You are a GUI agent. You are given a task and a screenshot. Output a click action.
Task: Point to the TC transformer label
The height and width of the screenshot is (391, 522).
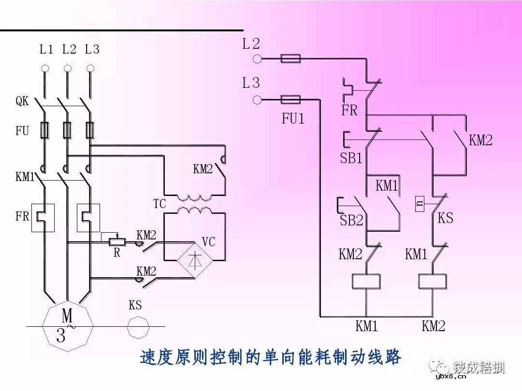click(x=159, y=204)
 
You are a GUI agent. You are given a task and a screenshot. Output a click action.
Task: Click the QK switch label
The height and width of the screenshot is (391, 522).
click(x=22, y=101)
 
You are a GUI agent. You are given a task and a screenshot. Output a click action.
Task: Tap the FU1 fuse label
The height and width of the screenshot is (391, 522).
click(x=293, y=119)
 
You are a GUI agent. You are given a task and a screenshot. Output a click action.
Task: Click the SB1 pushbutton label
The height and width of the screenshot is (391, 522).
click(x=351, y=158)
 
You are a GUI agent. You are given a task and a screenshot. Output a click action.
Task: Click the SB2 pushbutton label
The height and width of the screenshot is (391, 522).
click(x=351, y=221)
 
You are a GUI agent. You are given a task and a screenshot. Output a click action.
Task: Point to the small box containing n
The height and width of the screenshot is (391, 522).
click(x=420, y=204)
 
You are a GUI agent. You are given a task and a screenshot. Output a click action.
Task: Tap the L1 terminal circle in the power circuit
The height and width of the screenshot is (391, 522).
click(x=45, y=68)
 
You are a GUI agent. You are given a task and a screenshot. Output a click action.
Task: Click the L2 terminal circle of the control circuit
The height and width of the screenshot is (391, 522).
click(x=257, y=59)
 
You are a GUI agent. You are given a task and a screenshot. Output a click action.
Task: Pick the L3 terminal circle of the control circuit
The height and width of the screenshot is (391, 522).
click(x=257, y=100)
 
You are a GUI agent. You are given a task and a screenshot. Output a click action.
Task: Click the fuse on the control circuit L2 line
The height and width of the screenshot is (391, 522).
click(x=290, y=59)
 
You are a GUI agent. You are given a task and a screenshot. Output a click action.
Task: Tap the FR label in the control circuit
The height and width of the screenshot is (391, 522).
click(x=349, y=111)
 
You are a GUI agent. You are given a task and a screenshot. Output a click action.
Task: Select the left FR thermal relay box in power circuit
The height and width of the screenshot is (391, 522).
click(x=43, y=218)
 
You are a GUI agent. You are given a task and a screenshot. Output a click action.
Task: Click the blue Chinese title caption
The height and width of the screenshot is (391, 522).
click(x=271, y=358)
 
